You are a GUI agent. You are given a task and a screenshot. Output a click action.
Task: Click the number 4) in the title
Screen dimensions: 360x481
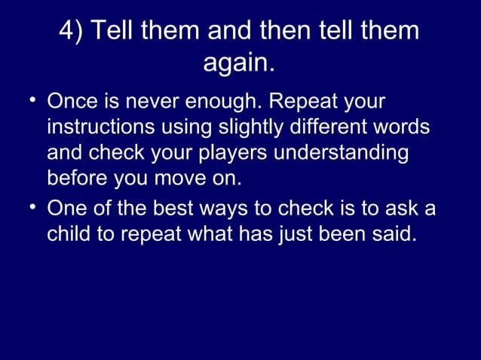[72, 32]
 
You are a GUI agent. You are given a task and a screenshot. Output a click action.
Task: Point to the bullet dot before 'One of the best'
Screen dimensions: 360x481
[33, 208]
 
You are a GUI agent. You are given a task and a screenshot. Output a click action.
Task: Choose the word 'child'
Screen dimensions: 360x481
[69, 233]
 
